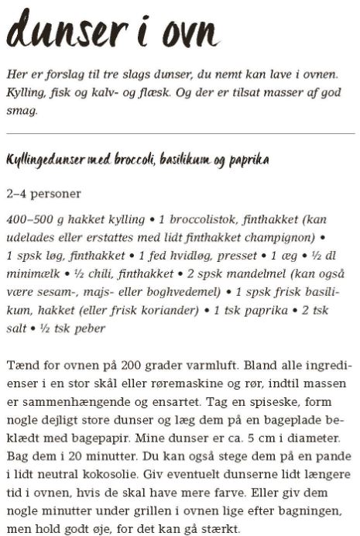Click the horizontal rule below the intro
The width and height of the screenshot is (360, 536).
pos(180,133)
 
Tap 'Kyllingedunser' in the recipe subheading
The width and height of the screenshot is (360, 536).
pos(48,160)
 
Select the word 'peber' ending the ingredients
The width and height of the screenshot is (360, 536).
pos(88,328)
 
